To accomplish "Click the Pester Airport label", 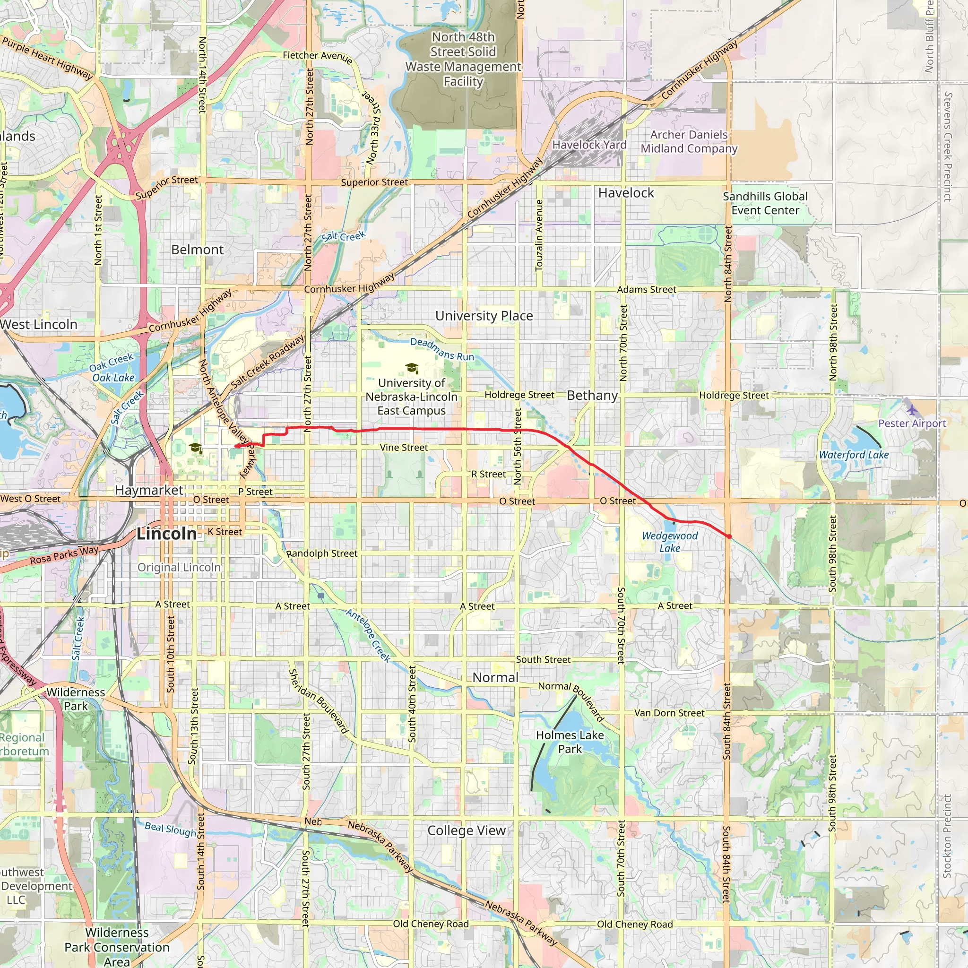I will click(912, 423).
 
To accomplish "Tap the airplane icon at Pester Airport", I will click(912, 409).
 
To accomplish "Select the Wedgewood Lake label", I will click(670, 542).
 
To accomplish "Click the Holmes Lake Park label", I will click(570, 742).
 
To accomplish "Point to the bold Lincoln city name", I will click(167, 534).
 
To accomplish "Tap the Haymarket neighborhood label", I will click(149, 490).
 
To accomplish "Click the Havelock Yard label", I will click(589, 145).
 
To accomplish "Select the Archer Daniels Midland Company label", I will click(689, 142).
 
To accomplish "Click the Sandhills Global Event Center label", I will click(765, 203).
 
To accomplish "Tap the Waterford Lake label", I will click(854, 455).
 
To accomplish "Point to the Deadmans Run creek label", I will click(442, 349).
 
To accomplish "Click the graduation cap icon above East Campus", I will click(412, 369).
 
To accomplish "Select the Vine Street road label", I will click(404, 448).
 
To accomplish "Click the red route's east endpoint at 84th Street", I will click(729, 536).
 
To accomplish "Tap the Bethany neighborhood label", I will click(592, 395).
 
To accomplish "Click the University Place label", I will click(484, 316).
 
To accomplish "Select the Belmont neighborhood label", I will click(198, 250).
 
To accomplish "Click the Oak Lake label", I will click(114, 378).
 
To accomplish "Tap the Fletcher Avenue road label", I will click(317, 56).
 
